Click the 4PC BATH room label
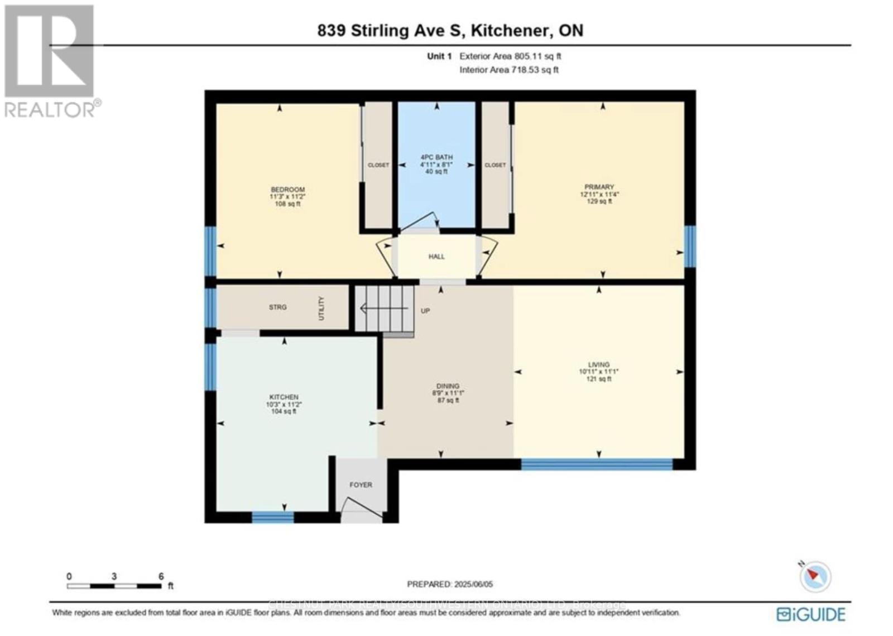click(436, 158)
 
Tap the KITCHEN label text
click(284, 397)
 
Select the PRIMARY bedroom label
click(599, 187)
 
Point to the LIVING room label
click(598, 365)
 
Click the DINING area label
click(448, 386)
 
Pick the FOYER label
click(361, 485)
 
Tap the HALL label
click(436, 257)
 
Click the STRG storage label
click(277, 307)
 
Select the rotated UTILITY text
click(321, 309)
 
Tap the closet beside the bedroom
click(378, 165)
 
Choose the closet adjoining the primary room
click(495, 165)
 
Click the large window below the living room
click(597, 464)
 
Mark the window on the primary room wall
click(690, 246)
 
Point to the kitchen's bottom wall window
click(272, 517)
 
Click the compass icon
click(815, 576)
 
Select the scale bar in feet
click(114, 586)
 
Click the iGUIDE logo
click(811, 614)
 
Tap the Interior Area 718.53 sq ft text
click(509, 70)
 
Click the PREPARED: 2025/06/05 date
click(450, 584)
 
